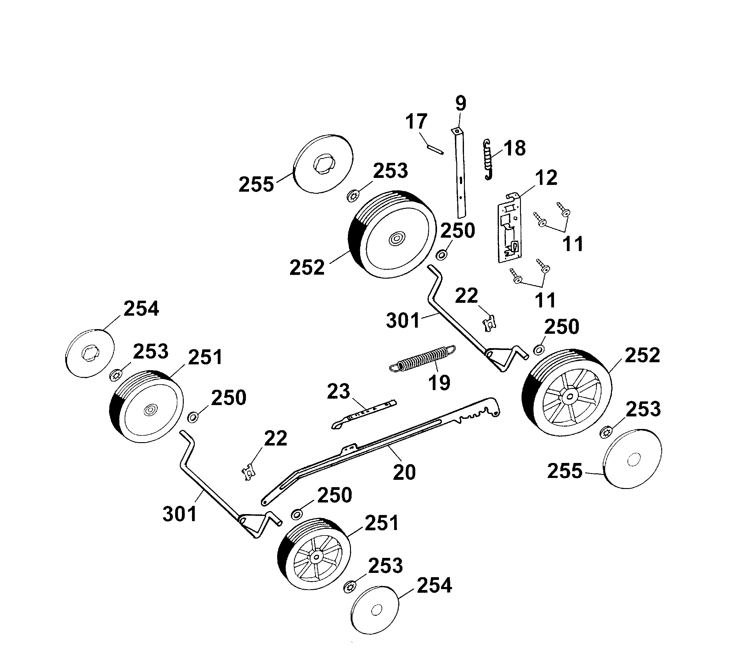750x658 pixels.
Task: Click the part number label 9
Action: pyautogui.click(x=461, y=103)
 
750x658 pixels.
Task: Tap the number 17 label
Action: pyautogui.click(x=416, y=121)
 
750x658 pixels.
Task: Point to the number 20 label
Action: pyautogui.click(x=404, y=472)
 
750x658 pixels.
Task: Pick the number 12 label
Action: pyautogui.click(x=546, y=178)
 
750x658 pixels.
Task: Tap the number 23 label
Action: pyautogui.click(x=338, y=392)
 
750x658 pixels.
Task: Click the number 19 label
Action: pyautogui.click(x=439, y=383)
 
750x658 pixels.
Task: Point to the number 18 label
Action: pyautogui.click(x=514, y=148)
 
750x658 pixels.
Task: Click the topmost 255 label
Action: pyautogui.click(x=256, y=184)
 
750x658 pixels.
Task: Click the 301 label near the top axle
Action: pyautogui.click(x=402, y=321)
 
